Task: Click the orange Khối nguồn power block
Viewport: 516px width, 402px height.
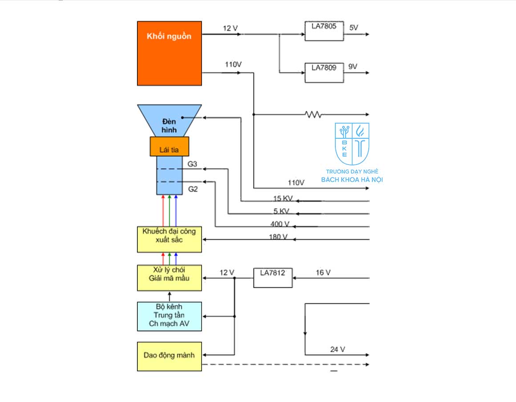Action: tap(169, 53)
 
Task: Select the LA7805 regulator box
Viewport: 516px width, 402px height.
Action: tap(324, 31)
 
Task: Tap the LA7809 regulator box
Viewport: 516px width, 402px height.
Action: tap(324, 72)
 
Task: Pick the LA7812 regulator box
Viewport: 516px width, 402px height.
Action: tap(273, 277)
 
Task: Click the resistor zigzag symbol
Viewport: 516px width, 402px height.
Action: tap(313, 115)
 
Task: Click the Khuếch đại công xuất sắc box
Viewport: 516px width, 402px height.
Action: tap(169, 239)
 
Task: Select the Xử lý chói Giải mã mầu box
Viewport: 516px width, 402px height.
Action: tap(169, 278)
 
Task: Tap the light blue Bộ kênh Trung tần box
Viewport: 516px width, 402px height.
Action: tap(169, 316)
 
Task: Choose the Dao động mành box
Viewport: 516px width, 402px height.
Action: tap(169, 356)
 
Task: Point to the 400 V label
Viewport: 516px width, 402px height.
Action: tap(279, 224)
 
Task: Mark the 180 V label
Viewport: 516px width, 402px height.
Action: tap(278, 237)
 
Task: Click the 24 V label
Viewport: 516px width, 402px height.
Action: tap(338, 349)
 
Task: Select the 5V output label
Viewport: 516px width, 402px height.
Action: tap(354, 28)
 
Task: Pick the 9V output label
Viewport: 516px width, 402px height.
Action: tap(353, 67)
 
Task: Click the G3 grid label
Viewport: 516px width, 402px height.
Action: tap(192, 164)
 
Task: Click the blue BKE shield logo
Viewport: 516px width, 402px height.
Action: tap(352, 144)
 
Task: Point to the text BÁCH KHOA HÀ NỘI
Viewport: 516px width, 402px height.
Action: tap(352, 180)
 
